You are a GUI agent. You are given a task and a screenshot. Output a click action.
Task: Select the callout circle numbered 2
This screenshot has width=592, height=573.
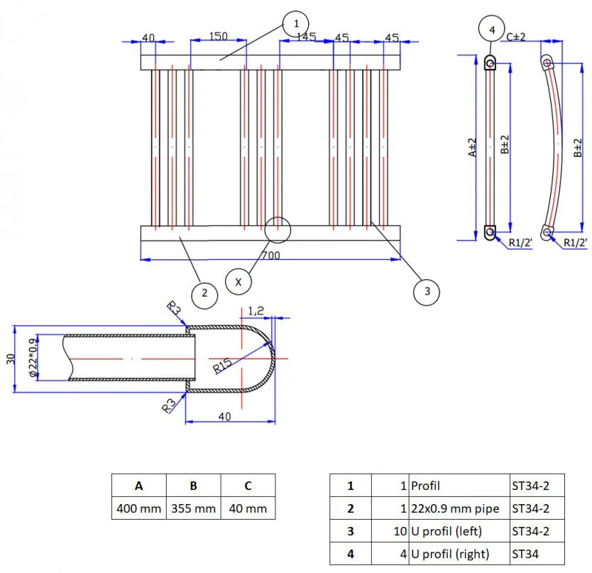coord(204,293)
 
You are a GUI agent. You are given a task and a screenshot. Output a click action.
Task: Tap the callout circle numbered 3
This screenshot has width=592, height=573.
coord(427,290)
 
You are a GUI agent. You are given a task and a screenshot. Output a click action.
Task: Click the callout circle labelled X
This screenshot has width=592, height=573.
coord(239,282)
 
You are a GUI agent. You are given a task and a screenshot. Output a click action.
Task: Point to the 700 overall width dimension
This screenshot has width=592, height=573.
coord(270,254)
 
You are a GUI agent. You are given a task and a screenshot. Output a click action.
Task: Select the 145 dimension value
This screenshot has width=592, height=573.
coord(306,37)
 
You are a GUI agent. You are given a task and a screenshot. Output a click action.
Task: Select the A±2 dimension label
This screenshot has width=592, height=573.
coord(471,148)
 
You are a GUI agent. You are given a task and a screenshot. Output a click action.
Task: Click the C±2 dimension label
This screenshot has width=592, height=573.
coord(516,36)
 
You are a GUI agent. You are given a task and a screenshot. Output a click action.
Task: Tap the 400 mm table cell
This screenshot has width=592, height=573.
coord(139,508)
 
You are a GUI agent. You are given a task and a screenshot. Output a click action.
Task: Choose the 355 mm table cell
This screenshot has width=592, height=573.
coord(193,508)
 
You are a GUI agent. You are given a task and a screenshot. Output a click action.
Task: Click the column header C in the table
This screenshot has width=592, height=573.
coord(248,486)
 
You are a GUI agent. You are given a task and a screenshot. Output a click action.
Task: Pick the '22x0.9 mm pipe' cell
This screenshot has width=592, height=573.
coord(459,508)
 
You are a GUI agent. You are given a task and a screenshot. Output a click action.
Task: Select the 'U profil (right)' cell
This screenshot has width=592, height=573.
coord(459,554)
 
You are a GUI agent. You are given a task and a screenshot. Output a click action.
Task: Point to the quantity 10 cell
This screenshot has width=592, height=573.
coord(390,531)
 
